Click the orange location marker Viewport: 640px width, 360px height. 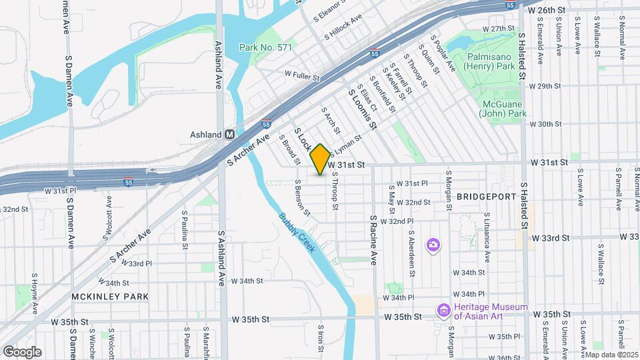coord(320,159)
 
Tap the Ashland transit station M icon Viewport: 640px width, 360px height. coord(230,135)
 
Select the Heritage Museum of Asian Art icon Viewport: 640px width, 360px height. coord(443,310)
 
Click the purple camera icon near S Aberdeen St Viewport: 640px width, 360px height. coord(433,245)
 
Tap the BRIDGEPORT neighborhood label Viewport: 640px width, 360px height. coord(487,197)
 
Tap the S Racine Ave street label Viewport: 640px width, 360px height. coord(373,240)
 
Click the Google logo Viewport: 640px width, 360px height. coord(22,351)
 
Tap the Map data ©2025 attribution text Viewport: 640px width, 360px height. coord(611,354)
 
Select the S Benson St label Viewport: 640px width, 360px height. coord(301,198)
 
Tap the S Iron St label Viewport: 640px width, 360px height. coord(321,339)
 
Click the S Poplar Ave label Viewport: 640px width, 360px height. coord(443,53)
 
